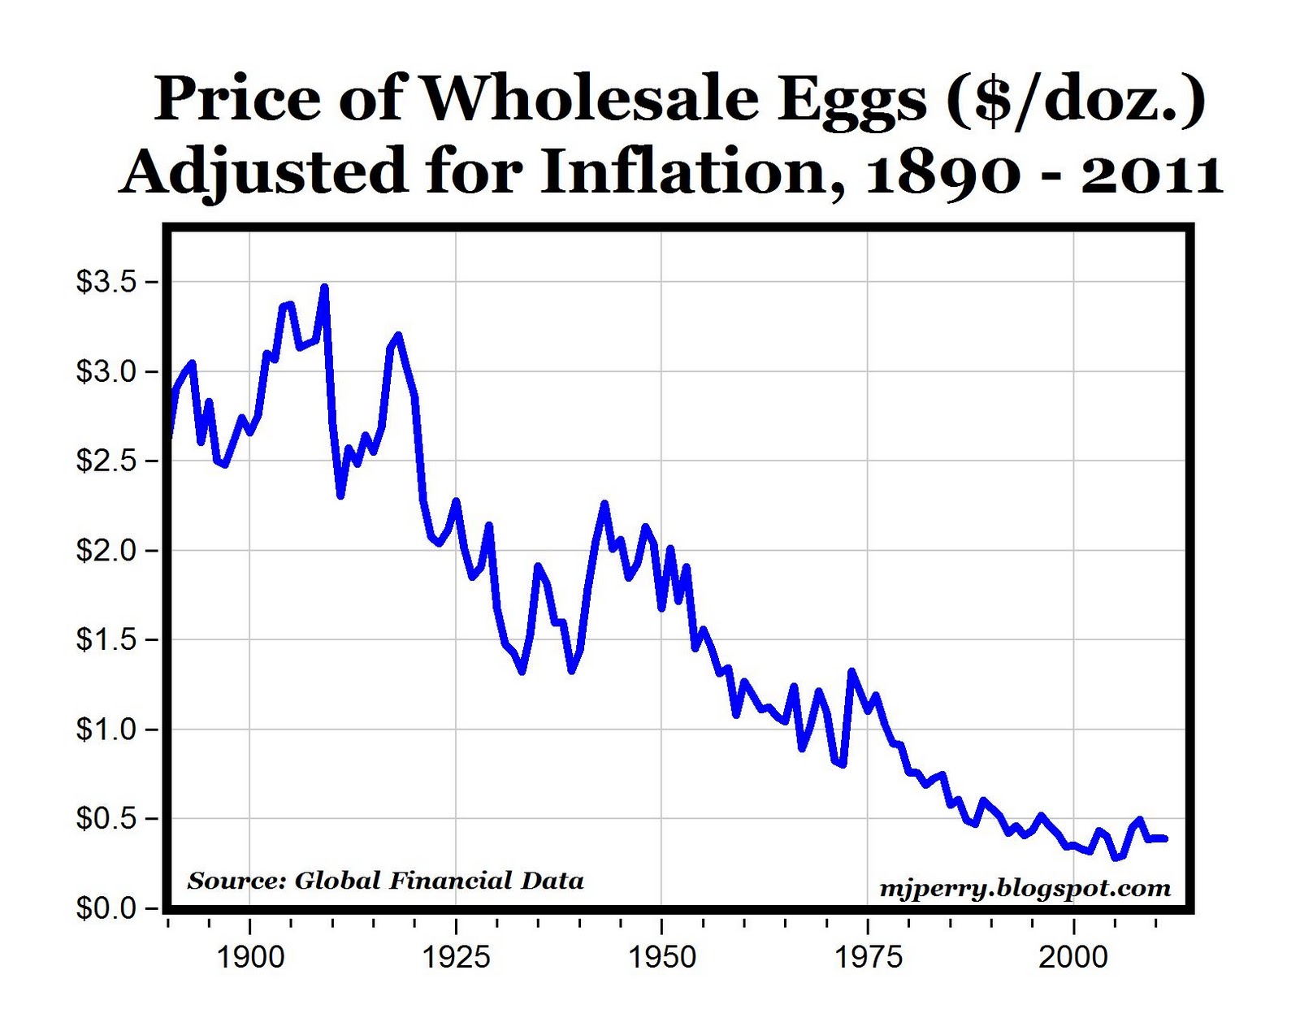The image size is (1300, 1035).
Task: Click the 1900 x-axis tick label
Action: [250, 957]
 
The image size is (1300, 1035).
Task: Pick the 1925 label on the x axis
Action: [456, 957]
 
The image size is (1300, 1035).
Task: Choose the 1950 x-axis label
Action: [662, 957]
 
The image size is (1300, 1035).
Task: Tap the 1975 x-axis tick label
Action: [868, 957]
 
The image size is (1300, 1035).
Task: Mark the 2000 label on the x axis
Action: [1073, 957]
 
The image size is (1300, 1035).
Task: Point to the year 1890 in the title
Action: [942, 172]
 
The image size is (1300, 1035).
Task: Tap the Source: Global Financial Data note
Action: [385, 881]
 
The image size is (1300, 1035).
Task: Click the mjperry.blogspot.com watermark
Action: [1025, 889]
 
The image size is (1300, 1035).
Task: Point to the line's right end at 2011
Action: [1164, 838]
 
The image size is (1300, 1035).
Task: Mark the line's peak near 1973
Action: [851, 671]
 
